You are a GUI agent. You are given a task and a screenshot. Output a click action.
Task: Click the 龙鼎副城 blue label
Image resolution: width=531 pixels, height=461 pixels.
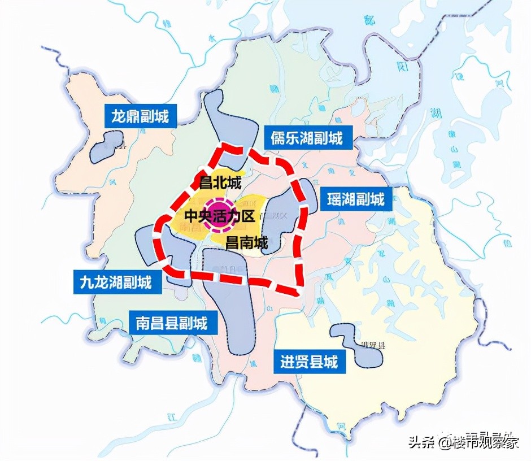140,117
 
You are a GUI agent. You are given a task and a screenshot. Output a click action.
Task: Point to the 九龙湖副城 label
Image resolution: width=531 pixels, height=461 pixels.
116,281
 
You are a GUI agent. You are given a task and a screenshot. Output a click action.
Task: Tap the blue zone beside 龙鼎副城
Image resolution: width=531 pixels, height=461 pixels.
107,146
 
